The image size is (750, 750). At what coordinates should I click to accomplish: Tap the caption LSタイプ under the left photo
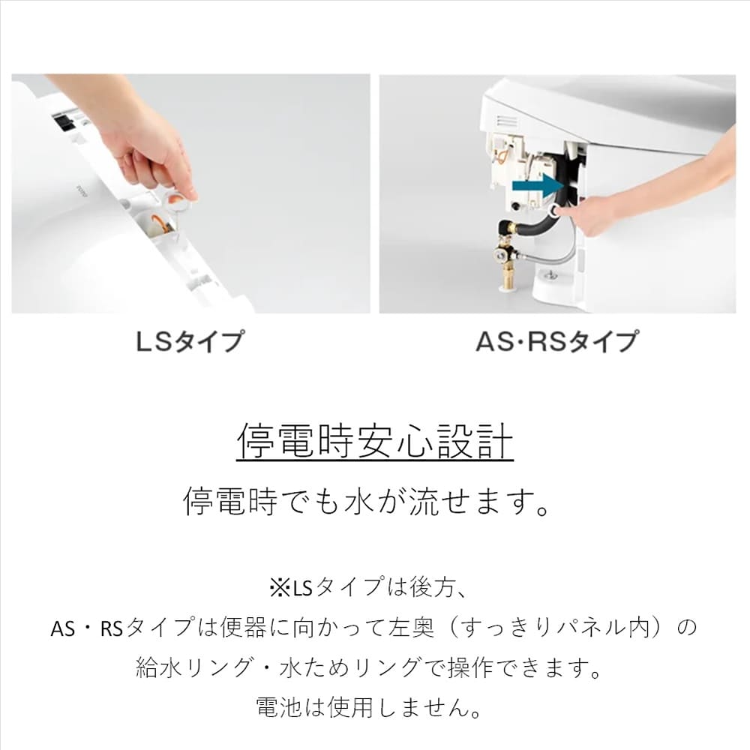point(190,341)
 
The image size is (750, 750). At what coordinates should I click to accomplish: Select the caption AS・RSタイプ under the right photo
point(557,341)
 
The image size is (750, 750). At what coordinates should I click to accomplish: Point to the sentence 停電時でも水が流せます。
point(367,502)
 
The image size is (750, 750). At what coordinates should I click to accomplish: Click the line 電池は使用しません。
point(369,707)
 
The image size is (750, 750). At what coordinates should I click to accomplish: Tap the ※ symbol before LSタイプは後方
point(280,588)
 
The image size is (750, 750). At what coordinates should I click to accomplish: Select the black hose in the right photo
point(550,211)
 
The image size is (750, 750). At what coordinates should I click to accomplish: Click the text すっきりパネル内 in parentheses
point(556,627)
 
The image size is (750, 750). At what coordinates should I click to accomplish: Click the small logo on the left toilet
point(79,191)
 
